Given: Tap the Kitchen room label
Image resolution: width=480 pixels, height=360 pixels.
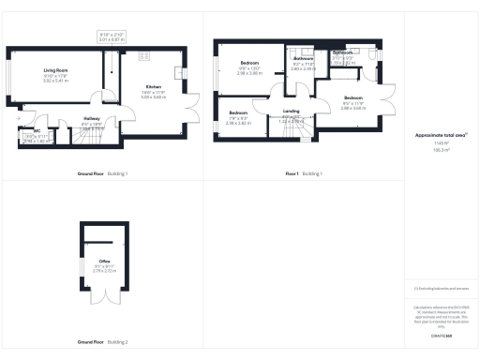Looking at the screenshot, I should pyautogui.click(x=153, y=87).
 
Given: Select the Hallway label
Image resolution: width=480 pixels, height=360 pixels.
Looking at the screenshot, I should pyautogui.click(x=92, y=117).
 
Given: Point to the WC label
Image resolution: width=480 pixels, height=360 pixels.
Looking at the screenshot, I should pyautogui.click(x=37, y=131).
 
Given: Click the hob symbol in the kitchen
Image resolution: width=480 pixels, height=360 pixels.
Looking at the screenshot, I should pyautogui.click(x=145, y=56).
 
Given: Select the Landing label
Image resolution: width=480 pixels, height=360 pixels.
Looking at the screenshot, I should pyautogui.click(x=291, y=111).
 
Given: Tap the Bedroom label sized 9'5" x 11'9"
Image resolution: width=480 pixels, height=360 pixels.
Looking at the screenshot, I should pyautogui.click(x=352, y=97).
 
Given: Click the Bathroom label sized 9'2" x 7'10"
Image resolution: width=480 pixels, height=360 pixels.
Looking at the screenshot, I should pyautogui.click(x=303, y=58).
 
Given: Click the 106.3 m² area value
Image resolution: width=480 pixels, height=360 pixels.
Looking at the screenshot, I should pyautogui.click(x=439, y=149).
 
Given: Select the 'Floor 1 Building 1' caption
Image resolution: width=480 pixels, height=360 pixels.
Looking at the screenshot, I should pyautogui.click(x=304, y=174).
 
